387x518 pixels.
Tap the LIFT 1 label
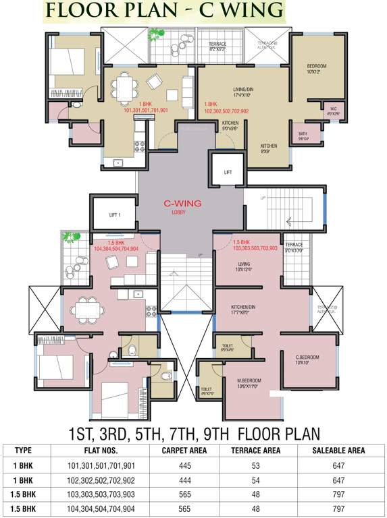pos(115,215)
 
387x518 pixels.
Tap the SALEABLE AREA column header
pos(338,451)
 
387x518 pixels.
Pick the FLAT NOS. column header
pos(102,451)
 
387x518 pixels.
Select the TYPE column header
pos(24,451)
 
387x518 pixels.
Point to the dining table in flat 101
pos(123,86)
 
